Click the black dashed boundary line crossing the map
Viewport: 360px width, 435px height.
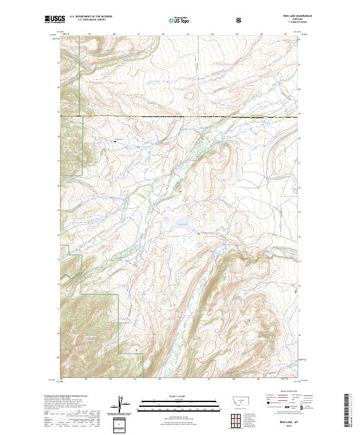click(x=180, y=115)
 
